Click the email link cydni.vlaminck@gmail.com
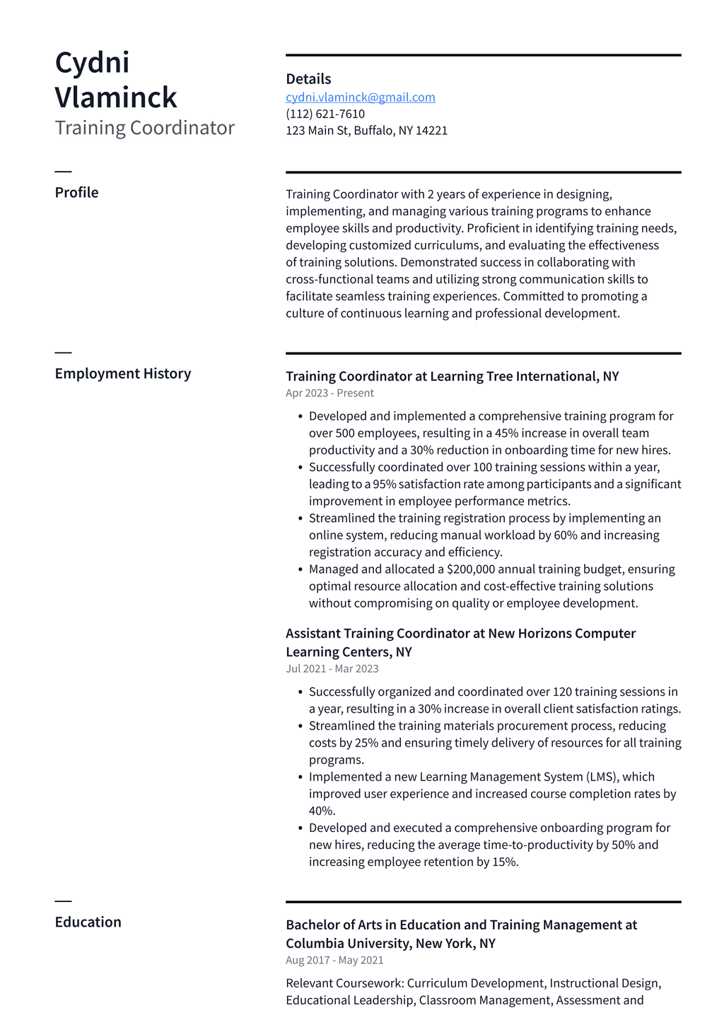[x=360, y=97]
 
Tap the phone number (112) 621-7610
[x=325, y=114]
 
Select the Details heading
[x=308, y=79]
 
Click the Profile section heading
[x=76, y=193]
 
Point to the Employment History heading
[x=123, y=374]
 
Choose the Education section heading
[x=88, y=922]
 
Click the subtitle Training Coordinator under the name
[x=144, y=128]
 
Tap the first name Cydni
[x=92, y=62]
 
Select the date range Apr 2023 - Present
[x=329, y=393]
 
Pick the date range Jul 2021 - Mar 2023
[x=332, y=669]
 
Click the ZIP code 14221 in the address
[x=431, y=131]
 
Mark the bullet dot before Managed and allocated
[x=300, y=569]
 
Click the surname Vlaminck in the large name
[x=116, y=97]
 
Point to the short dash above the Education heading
[x=63, y=901]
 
